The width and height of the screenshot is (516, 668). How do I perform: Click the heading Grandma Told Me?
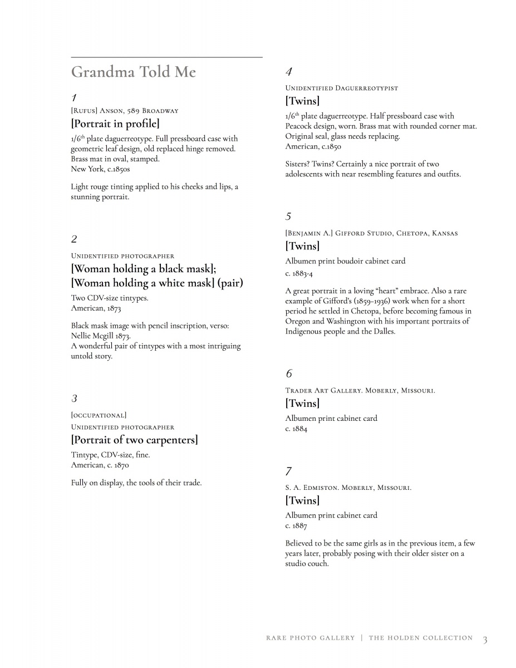pos(134,72)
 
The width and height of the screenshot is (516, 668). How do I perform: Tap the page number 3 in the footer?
pos(485,640)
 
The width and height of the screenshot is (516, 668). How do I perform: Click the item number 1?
pos(74,98)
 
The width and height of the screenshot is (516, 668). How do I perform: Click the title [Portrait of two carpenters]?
pos(135,440)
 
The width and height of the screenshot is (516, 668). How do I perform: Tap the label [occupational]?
pos(99,415)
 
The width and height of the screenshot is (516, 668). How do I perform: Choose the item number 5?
pos(288,216)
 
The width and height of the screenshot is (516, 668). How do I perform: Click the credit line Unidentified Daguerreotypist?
pos(342,88)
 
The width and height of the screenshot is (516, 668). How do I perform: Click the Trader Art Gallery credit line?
pos(360,391)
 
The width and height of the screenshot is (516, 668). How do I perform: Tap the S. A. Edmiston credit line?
pos(348,488)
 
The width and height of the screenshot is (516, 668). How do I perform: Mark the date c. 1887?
pos(296,525)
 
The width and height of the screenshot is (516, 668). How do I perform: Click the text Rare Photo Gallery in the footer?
pos(310,638)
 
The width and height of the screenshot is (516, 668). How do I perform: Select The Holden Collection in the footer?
pos(420,638)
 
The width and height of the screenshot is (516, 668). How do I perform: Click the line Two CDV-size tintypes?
pos(110,298)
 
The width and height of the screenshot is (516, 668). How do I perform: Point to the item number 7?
pos(288,471)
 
